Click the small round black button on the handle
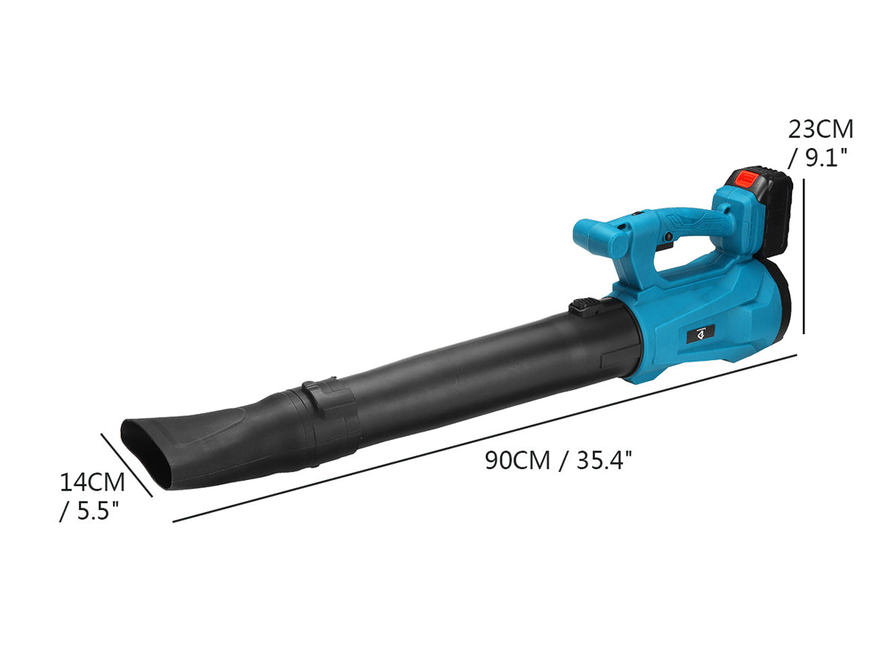pos(668,236)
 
